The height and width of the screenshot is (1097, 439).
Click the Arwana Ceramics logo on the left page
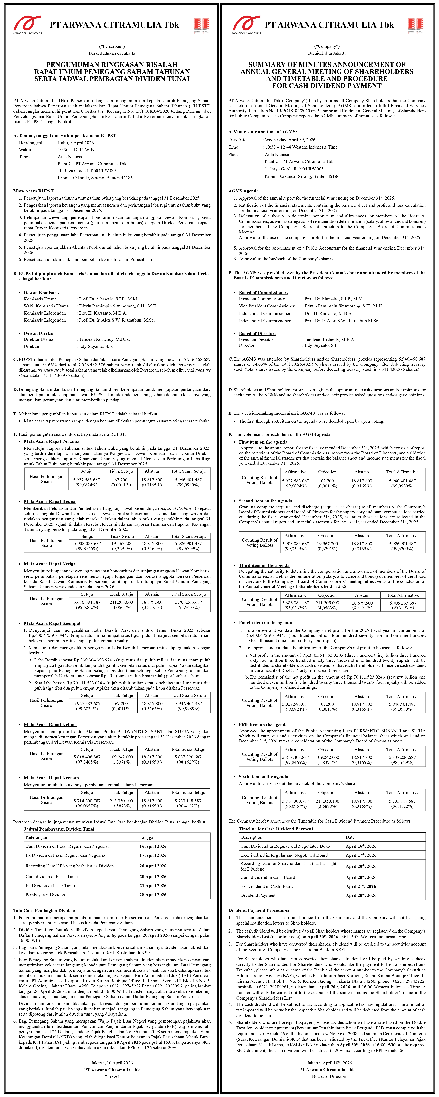(x=27, y=25)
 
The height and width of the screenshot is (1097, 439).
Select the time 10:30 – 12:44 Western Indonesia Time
(x=301, y=147)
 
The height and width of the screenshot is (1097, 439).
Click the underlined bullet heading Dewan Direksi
(x=39, y=333)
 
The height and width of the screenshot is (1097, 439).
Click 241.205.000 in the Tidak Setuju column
(x=121, y=602)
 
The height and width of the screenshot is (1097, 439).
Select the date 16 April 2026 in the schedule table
(x=153, y=846)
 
